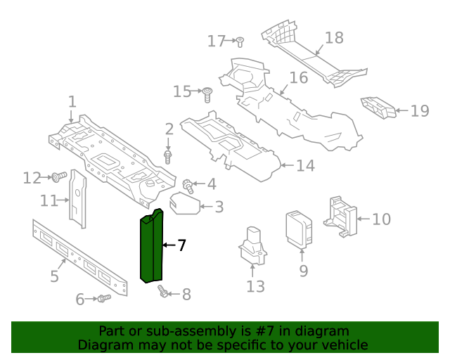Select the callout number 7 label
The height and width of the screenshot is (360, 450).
pos(181,245)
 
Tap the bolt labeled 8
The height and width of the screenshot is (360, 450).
pos(163,291)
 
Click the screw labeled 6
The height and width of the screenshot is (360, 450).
pos(104,299)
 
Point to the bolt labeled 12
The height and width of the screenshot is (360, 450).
pos(59,176)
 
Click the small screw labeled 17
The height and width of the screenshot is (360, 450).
pos(239,41)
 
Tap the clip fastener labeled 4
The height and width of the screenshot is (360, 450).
pos(188,186)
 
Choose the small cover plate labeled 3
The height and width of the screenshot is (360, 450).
pos(184,202)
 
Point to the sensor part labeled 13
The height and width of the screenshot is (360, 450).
pos(253,246)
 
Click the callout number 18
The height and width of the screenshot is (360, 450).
pos(334,37)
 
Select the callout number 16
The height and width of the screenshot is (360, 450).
pos(299,77)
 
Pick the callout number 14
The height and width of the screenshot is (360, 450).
pos(304,166)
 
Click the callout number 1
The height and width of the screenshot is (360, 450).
pos(72,103)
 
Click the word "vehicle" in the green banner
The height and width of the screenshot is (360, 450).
pos(342,345)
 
